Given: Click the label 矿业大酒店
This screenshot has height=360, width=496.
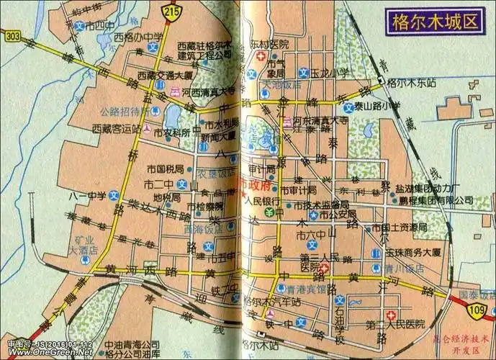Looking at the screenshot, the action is coord(83,246).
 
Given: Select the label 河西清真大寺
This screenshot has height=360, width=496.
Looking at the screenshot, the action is coord(208,91).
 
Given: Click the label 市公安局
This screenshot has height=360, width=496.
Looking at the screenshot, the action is coord(338,214).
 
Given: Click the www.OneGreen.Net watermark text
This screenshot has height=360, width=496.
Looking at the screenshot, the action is coord(47,354).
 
